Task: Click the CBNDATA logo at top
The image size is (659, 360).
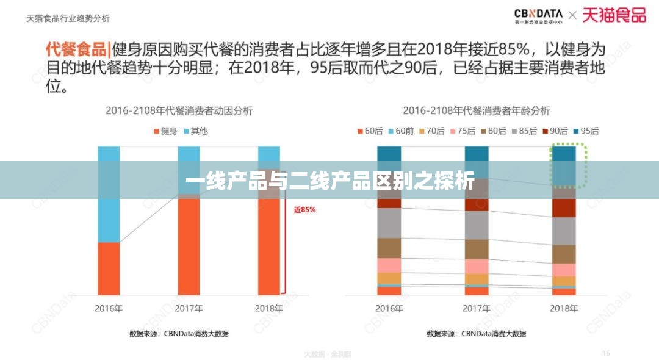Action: (538, 15)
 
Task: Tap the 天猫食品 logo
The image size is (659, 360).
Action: (613, 15)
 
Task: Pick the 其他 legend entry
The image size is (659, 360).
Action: (195, 131)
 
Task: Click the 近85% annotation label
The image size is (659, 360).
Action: (304, 209)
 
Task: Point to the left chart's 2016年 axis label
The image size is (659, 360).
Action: (109, 308)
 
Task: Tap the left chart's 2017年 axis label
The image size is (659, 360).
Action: (189, 308)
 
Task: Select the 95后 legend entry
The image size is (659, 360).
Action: (585, 131)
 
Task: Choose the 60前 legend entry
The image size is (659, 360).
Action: (400, 131)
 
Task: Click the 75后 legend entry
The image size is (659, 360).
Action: (462, 131)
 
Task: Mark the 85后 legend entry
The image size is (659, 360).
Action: (524, 131)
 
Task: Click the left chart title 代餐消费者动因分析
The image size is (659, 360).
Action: (179, 110)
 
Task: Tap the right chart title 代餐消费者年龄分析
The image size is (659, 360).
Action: (476, 110)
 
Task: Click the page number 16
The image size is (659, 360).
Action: (606, 352)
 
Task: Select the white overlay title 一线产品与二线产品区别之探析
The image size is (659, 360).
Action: (329, 181)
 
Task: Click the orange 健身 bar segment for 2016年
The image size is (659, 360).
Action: (109, 268)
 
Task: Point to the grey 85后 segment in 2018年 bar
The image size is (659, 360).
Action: (563, 231)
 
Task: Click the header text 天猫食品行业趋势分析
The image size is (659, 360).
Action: (68, 18)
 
